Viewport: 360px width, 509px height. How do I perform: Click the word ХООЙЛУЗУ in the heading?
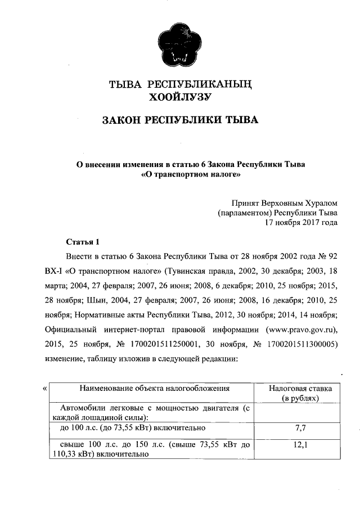pos(180,97)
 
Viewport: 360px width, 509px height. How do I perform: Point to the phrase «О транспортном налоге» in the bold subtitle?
pos(191,175)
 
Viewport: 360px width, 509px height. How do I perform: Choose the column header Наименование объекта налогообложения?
pos(154,388)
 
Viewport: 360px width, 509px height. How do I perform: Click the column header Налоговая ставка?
pos(300,388)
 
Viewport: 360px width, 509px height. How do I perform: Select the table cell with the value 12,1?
pos(300,444)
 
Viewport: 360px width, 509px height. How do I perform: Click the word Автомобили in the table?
pos(85,408)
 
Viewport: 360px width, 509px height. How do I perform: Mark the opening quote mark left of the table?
pos(44,388)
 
